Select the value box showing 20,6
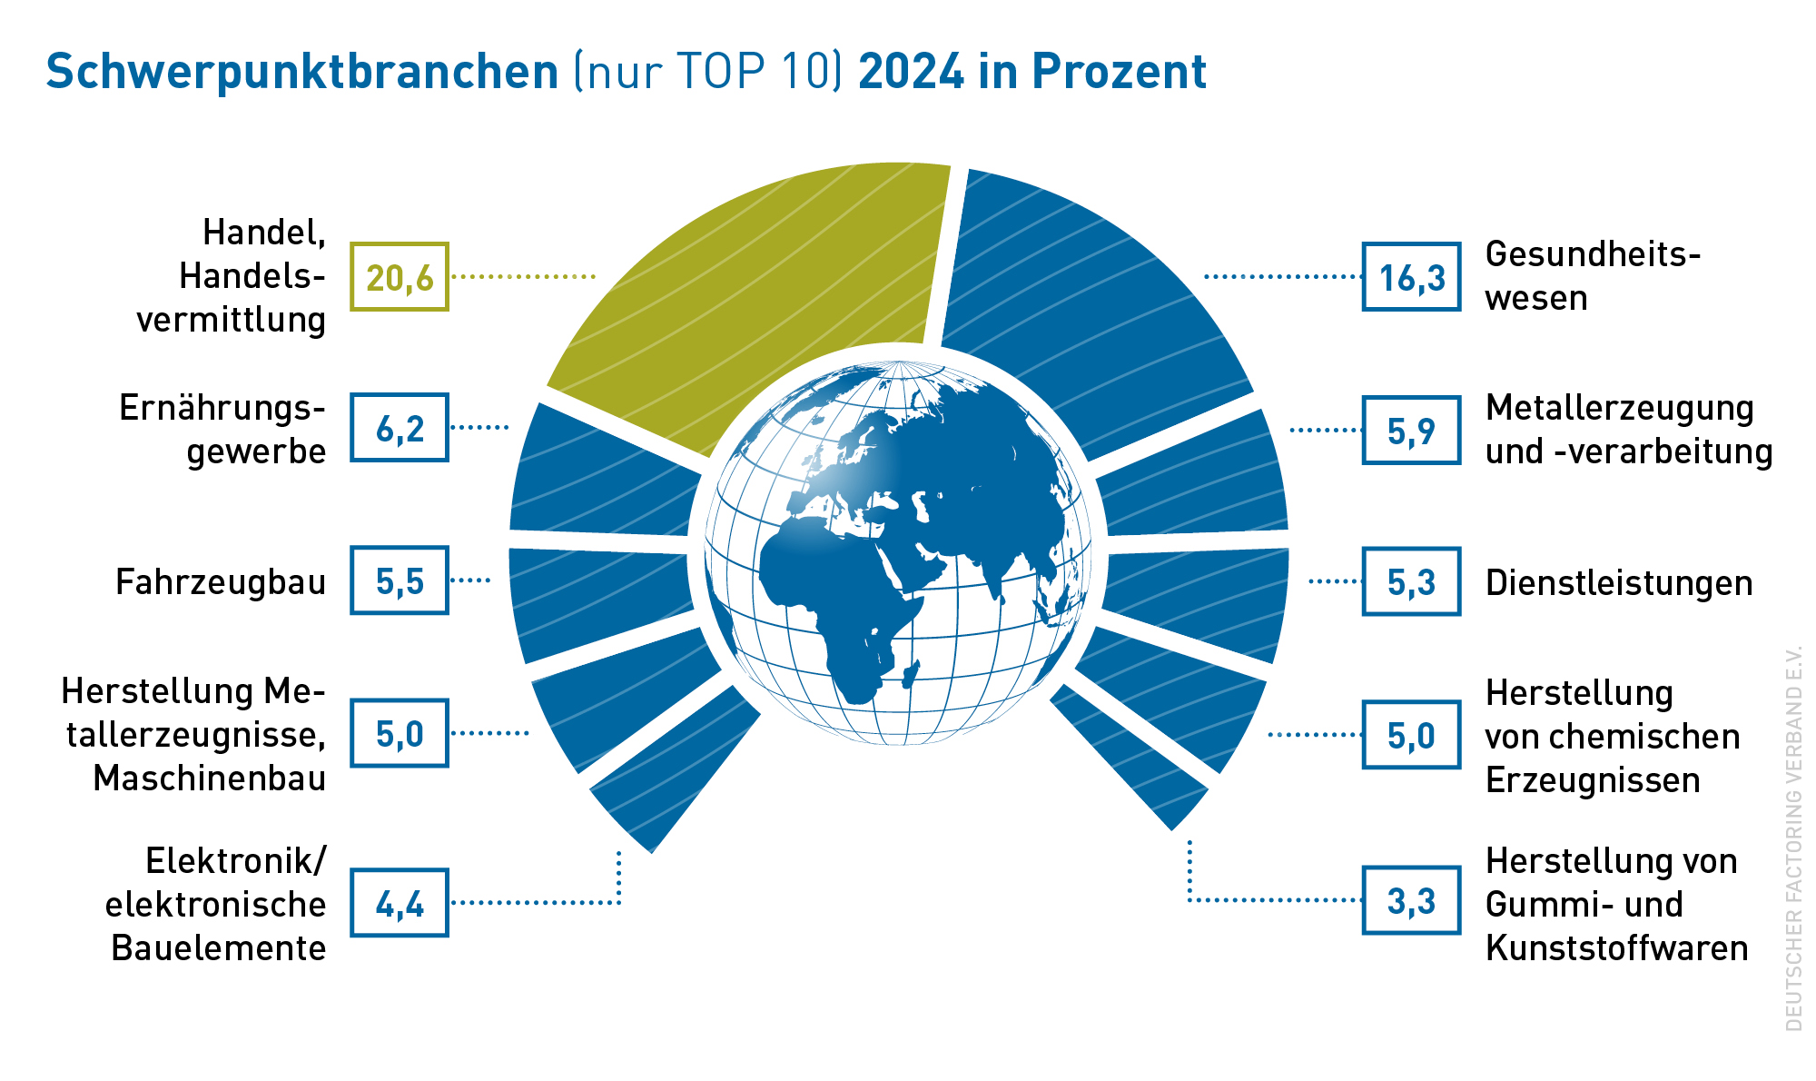point(400,277)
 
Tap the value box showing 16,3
point(1411,277)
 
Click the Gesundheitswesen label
point(1593,276)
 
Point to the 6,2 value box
point(400,428)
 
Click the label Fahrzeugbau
point(221,581)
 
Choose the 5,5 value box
point(400,580)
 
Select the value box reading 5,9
point(1411,430)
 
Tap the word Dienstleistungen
point(1619,583)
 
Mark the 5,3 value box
point(1411,581)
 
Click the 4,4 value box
point(400,903)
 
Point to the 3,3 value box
point(1411,900)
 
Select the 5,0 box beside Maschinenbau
point(400,733)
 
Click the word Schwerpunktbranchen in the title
point(302,72)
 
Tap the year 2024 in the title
point(912,71)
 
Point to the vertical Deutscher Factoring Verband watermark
point(1792,838)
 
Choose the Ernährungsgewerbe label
point(222,430)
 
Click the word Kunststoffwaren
point(1617,947)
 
